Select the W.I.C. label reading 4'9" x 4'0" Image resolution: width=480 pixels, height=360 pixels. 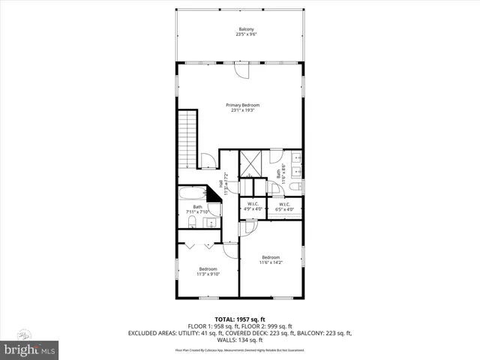(253, 206)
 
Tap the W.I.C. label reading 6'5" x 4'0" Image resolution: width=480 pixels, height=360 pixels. (284, 206)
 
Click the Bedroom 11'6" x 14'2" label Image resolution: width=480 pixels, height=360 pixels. (270, 259)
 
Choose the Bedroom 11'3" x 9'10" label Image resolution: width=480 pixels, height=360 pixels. (208, 271)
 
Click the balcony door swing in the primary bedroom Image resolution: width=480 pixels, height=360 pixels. (241, 71)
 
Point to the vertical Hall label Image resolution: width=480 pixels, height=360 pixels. (221, 184)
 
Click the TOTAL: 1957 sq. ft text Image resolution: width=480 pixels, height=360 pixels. (240, 319)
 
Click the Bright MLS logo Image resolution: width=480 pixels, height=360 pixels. (28, 349)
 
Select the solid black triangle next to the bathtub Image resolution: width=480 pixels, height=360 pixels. (213, 194)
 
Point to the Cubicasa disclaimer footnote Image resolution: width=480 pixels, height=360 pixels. (240, 350)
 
